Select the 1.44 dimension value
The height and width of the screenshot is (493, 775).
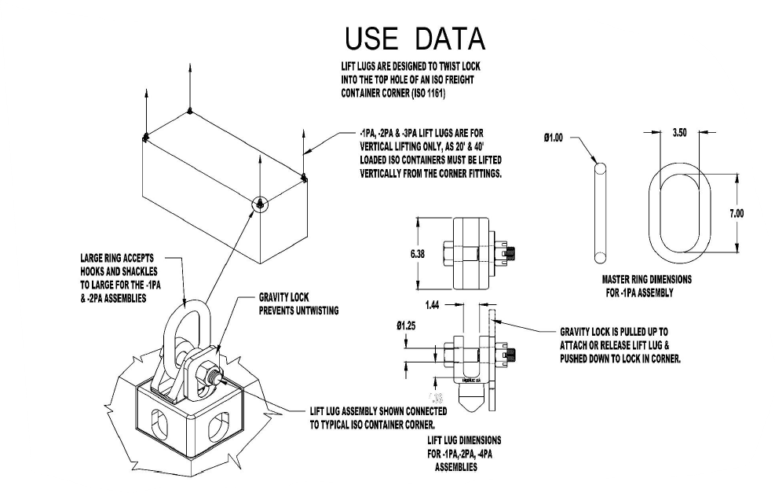click(x=433, y=302)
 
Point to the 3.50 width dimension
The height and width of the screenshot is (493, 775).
click(x=680, y=134)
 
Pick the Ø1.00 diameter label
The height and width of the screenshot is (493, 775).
click(x=554, y=138)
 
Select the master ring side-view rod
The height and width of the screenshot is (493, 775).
click(x=601, y=212)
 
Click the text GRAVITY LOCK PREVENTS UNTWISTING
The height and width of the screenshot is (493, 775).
click(x=299, y=305)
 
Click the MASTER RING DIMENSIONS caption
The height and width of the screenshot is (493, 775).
click(x=642, y=285)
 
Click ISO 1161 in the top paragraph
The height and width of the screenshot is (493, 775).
click(x=427, y=93)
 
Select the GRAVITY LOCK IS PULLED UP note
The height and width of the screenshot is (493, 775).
click(x=620, y=345)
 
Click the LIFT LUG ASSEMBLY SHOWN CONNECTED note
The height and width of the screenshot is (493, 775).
click(x=378, y=418)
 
